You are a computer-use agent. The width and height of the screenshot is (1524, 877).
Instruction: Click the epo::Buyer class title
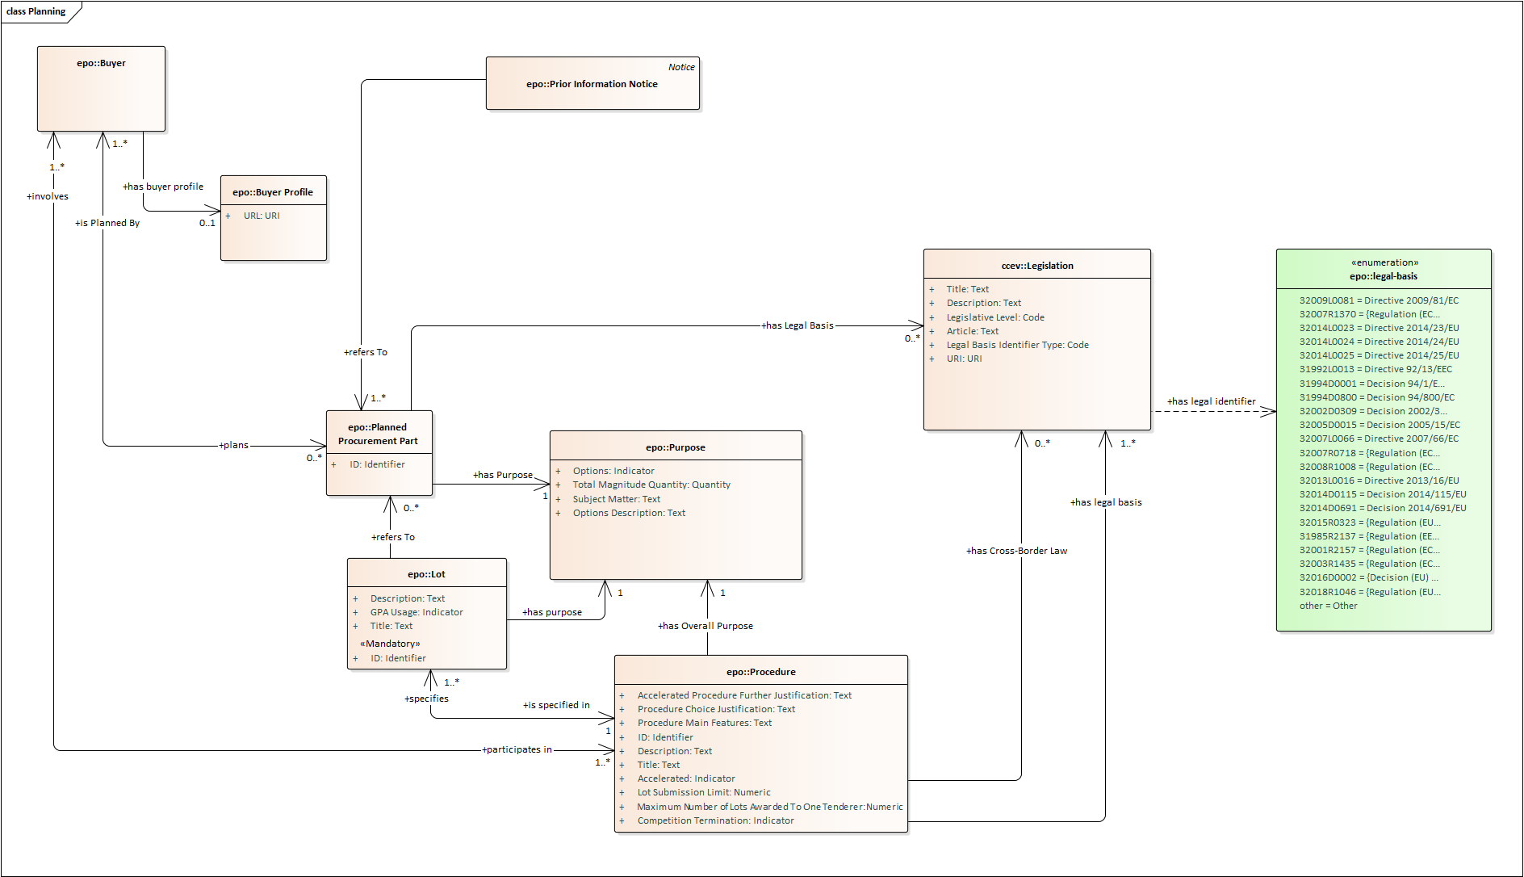coord(101,63)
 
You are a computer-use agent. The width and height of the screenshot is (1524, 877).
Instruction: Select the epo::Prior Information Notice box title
coord(592,84)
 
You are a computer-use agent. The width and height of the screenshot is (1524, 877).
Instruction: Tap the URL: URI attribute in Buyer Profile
coord(262,216)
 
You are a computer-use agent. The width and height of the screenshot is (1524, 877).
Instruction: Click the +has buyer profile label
coord(163,187)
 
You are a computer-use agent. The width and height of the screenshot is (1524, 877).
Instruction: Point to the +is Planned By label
coord(107,223)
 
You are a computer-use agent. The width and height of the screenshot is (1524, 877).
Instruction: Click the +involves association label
coord(48,196)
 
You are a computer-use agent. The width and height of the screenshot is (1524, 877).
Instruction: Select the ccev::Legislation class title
coord(1037,266)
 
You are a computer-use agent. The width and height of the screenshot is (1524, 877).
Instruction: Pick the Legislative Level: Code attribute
coord(995,317)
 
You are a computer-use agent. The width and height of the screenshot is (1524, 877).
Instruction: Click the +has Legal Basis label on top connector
coord(798,325)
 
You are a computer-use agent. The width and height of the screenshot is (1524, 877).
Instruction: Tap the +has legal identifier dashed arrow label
coord(1211,401)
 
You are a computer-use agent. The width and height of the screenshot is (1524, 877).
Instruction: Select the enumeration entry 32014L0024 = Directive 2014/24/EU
coord(1379,342)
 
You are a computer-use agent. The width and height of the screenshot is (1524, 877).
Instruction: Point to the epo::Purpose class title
coord(675,447)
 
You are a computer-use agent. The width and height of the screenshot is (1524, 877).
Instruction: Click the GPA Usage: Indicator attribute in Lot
coord(417,612)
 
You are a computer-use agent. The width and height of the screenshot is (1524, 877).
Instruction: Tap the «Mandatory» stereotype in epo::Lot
coord(390,644)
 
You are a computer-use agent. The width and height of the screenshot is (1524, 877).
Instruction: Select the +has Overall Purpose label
coord(705,626)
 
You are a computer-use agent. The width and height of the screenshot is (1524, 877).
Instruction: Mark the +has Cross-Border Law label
coord(1016,551)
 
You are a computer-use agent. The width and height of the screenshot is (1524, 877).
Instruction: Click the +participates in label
coord(517,749)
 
